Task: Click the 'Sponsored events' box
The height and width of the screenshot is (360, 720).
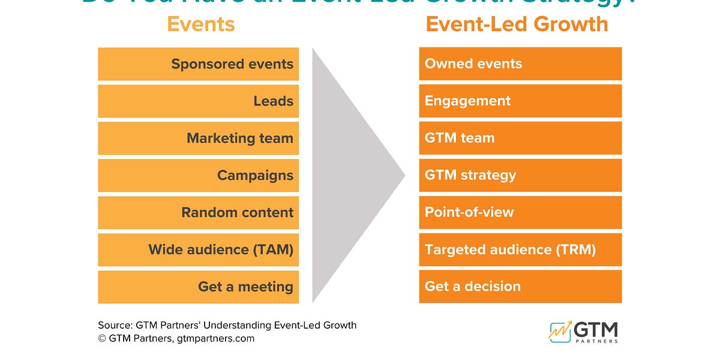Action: pyautogui.click(x=198, y=64)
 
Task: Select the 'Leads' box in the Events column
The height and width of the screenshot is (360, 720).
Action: pyautogui.click(x=198, y=101)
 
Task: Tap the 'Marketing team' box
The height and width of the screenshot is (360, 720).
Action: pyautogui.click(x=198, y=139)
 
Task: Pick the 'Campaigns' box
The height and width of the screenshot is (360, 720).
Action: pyautogui.click(x=198, y=176)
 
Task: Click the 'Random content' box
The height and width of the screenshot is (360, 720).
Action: pyautogui.click(x=198, y=212)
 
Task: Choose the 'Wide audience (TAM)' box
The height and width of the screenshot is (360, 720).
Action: pyautogui.click(x=198, y=250)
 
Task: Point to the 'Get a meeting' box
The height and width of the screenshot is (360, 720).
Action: pyautogui.click(x=198, y=287)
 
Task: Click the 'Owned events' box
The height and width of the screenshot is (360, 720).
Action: pyautogui.click(x=520, y=64)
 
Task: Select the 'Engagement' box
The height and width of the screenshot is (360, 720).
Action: pyautogui.click(x=520, y=101)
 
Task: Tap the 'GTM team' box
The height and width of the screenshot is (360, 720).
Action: pyautogui.click(x=520, y=138)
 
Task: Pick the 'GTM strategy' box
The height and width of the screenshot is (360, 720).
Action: pyautogui.click(x=520, y=175)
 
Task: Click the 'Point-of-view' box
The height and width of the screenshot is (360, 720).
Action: pyautogui.click(x=520, y=212)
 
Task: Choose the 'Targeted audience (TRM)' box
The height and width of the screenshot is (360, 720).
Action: pyautogui.click(x=520, y=250)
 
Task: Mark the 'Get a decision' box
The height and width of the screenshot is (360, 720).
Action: pyautogui.click(x=520, y=286)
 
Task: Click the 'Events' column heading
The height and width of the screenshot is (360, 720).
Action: pyautogui.click(x=200, y=24)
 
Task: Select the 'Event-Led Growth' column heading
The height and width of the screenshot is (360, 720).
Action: pyautogui.click(x=517, y=24)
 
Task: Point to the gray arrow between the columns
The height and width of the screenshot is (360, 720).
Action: pyautogui.click(x=348, y=175)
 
